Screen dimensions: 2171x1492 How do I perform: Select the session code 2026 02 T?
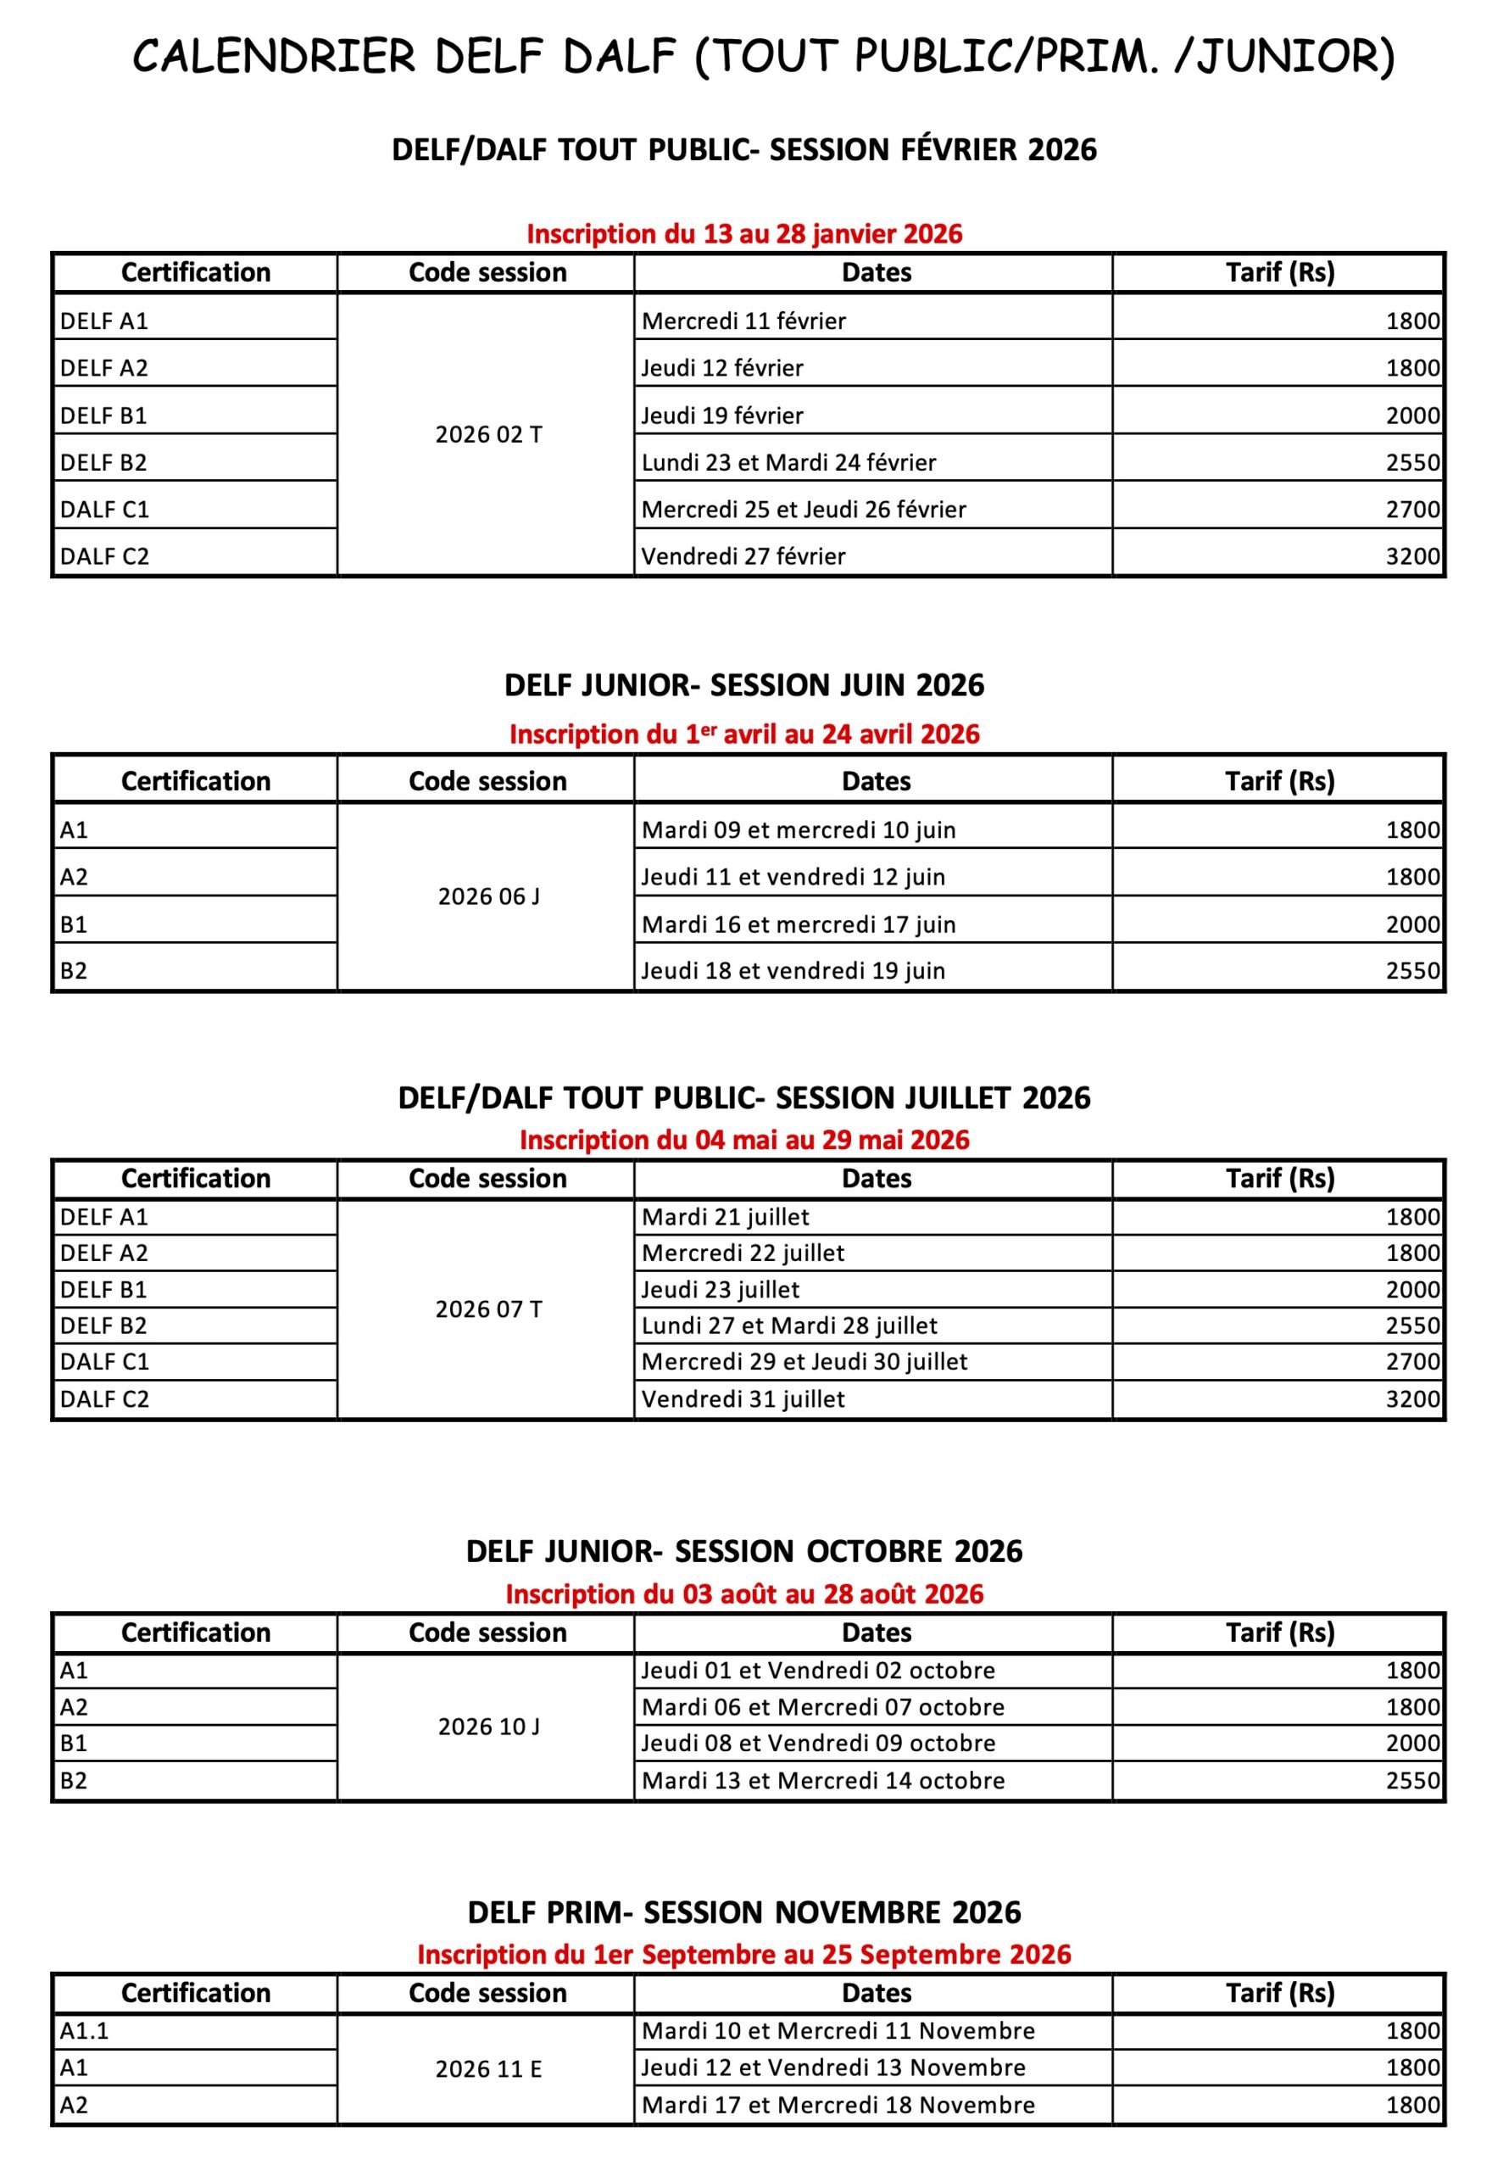[x=488, y=435]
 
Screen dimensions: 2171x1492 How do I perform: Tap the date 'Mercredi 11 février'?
[x=743, y=321]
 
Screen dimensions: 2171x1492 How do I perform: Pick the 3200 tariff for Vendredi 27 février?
[x=1411, y=556]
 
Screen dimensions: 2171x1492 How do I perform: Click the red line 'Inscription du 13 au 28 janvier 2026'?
[x=744, y=234]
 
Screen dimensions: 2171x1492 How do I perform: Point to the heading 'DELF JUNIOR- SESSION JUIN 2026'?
[x=744, y=685]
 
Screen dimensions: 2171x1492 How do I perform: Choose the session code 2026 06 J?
[x=488, y=896]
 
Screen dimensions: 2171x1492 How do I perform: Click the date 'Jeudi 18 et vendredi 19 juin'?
[x=793, y=970]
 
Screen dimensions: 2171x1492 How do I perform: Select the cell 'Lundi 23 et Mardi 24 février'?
[x=788, y=463]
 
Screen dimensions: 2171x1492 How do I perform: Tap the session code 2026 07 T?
[x=488, y=1309]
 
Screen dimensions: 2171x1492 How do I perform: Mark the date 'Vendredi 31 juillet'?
[x=743, y=1398]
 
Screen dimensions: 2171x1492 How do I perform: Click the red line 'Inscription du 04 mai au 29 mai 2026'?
[x=744, y=1140]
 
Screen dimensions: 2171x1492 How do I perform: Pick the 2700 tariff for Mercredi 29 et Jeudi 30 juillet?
[x=1411, y=1361]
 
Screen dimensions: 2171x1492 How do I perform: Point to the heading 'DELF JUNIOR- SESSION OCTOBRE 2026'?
[x=744, y=1551]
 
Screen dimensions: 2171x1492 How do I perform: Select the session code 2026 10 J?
[x=488, y=1726]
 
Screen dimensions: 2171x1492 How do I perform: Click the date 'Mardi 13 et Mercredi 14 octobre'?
[x=822, y=1780]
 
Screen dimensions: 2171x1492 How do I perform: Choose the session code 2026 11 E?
[x=488, y=2069]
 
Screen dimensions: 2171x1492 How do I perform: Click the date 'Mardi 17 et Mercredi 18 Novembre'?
[x=838, y=2105]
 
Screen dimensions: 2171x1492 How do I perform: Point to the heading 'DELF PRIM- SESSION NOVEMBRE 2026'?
[x=744, y=1912]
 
